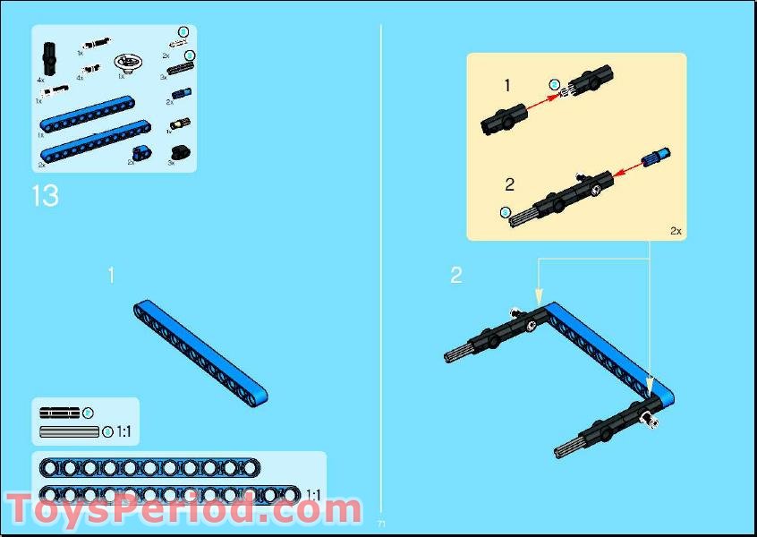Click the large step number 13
point(45,196)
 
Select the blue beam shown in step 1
point(201,354)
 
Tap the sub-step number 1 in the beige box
point(506,86)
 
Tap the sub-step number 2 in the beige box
point(509,185)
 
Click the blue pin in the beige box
point(658,157)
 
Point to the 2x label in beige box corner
point(676,231)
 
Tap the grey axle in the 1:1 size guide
point(69,432)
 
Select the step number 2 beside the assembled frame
point(456,276)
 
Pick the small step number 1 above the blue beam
point(111,276)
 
